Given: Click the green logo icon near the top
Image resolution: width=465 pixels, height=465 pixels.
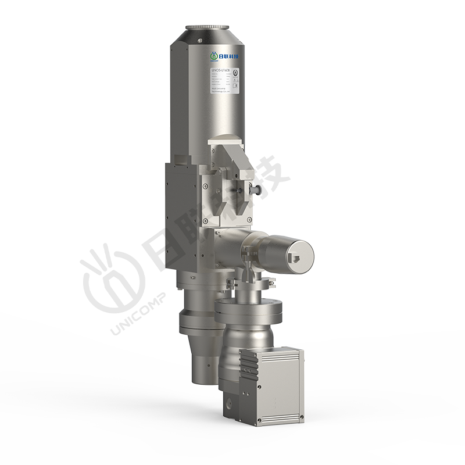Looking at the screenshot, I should (x=213, y=56).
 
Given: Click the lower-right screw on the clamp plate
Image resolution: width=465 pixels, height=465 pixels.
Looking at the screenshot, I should (x=249, y=219).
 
